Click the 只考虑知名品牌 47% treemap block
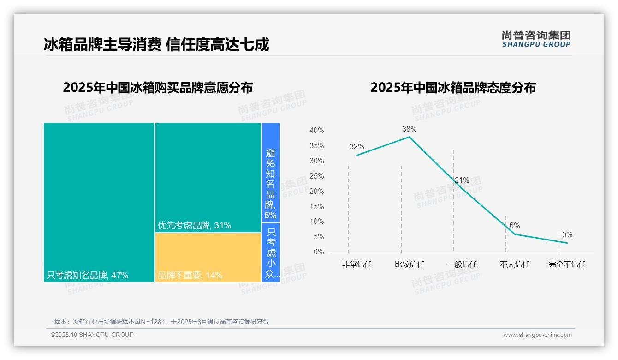(99, 202)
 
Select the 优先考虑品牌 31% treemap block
(208, 177)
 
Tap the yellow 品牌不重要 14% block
(208, 257)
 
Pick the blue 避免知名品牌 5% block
(271, 172)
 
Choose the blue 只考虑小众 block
(271, 252)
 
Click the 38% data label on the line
(409, 129)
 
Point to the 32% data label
(357, 147)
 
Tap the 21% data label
(462, 180)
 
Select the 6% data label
(514, 225)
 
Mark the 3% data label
(567, 234)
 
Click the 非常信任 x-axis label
(357, 264)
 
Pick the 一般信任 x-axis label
(462, 264)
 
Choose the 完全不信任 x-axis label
(567, 264)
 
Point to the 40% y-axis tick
(316, 131)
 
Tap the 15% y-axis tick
(316, 206)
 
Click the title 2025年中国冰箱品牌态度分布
(453, 88)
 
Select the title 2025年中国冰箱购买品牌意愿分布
(158, 88)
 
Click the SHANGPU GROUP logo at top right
(536, 39)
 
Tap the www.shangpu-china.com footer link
(537, 335)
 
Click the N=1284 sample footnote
(161, 322)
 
